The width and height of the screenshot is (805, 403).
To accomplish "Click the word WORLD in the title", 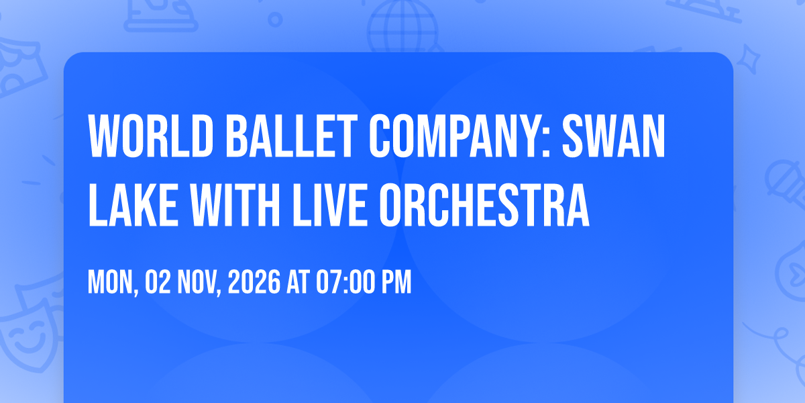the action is [x=151, y=136].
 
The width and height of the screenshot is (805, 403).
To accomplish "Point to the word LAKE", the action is [x=133, y=205].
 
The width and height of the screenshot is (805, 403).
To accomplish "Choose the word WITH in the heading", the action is [x=235, y=205].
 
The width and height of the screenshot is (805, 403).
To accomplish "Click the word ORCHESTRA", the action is [x=484, y=205].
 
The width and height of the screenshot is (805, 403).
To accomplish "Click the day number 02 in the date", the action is [x=158, y=283].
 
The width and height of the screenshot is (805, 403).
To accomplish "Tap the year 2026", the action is [x=254, y=283].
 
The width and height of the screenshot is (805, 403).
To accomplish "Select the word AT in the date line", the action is [x=298, y=283].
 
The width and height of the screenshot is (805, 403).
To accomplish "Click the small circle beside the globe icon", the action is [x=275, y=19].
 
